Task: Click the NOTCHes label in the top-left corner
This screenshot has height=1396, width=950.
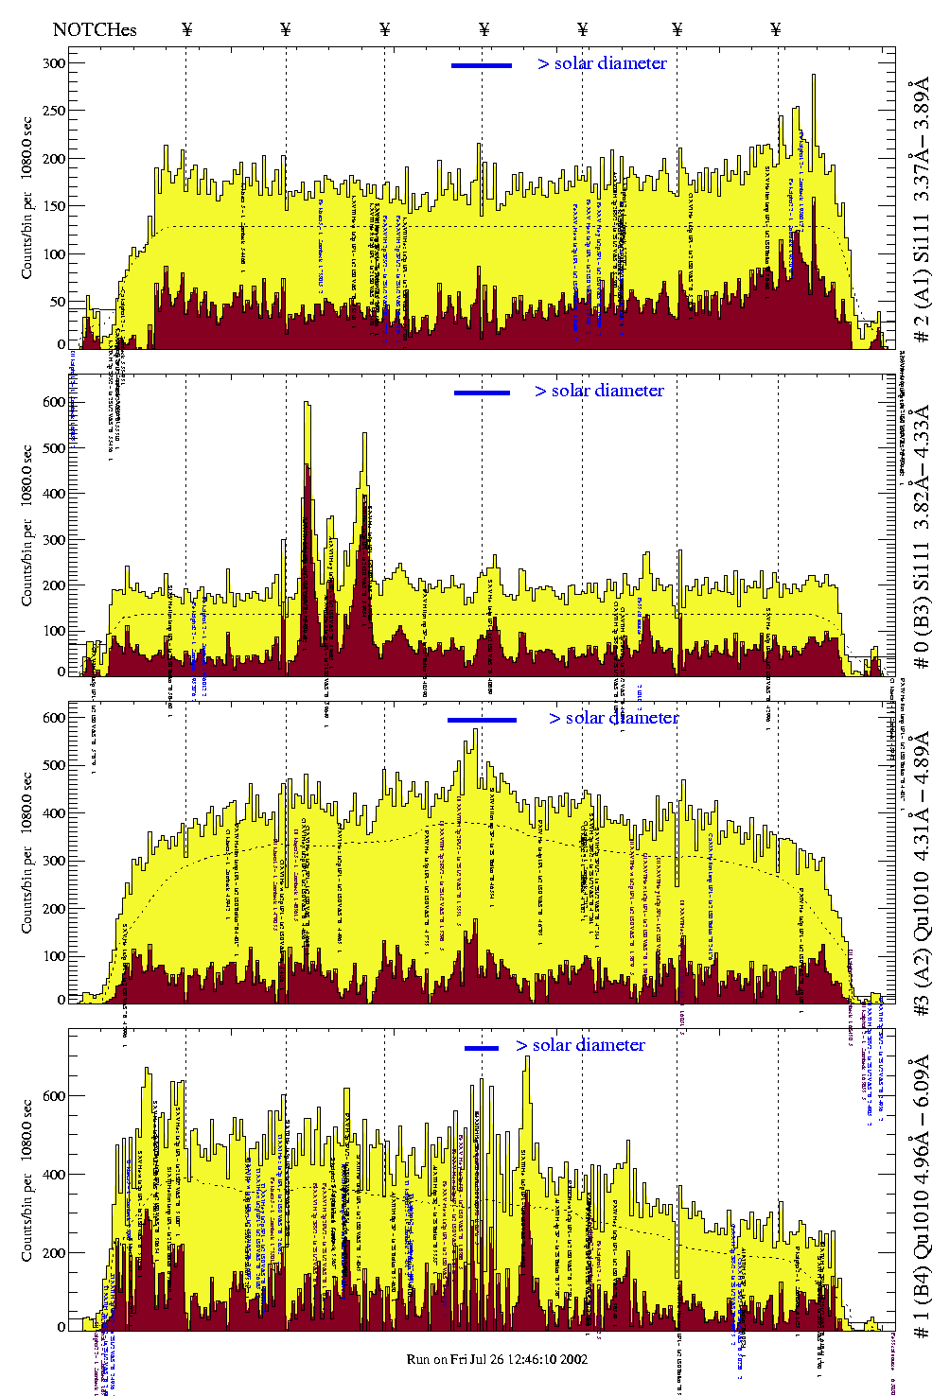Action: point(95,29)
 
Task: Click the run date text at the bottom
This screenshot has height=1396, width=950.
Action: point(497,1359)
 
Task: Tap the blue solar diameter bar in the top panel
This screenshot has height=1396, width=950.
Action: point(482,65)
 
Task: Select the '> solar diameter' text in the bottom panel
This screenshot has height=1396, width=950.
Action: point(580,1045)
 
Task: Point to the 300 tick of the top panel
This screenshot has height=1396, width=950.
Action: point(53,63)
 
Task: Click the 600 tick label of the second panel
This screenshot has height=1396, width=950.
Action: point(53,402)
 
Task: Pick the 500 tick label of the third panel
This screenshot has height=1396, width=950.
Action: point(53,765)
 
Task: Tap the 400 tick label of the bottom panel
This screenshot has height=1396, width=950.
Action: point(53,1175)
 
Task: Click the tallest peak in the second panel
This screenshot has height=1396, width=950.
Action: point(306,404)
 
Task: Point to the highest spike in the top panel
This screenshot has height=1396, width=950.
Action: point(813,77)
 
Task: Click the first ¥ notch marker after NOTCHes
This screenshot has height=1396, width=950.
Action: point(186,29)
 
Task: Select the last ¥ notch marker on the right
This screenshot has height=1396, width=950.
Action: point(776,29)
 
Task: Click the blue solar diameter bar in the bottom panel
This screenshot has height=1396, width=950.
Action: point(482,1048)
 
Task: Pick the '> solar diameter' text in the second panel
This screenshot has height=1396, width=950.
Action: point(599,391)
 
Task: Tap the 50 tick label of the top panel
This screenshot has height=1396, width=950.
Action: point(57,302)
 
